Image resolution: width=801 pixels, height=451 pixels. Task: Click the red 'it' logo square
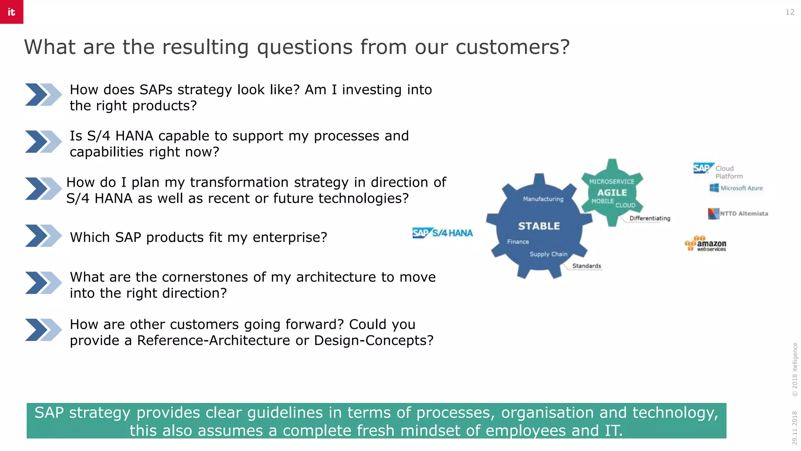(x=11, y=12)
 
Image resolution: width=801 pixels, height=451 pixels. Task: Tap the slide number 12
(x=790, y=12)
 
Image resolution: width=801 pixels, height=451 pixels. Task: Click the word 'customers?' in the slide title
(x=512, y=47)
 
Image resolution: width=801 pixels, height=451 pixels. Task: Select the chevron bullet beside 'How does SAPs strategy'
(x=43, y=94)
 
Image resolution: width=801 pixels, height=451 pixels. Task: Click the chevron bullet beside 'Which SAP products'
(x=43, y=236)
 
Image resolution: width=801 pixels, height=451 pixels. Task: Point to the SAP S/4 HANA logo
(x=442, y=233)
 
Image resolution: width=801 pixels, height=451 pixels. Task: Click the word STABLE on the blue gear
(x=539, y=226)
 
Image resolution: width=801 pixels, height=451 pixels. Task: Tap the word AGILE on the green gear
(x=612, y=193)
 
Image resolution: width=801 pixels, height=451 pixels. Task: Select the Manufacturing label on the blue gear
(x=543, y=199)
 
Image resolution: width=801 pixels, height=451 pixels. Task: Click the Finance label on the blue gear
(x=518, y=242)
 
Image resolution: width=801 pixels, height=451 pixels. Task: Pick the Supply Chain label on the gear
(x=548, y=254)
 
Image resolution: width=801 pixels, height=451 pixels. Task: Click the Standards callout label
(x=586, y=266)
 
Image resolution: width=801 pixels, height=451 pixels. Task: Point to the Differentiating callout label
(x=650, y=218)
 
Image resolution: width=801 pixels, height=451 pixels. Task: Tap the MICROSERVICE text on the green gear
(x=612, y=182)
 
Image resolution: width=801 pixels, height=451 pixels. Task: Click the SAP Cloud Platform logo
(x=718, y=171)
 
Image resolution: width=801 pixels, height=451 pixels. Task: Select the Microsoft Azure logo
(x=736, y=188)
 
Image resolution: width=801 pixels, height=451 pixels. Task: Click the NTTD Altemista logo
(x=738, y=213)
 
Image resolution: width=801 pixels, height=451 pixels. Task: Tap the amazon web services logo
(x=706, y=244)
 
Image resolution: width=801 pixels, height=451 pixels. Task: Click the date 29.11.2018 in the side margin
(x=794, y=428)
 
